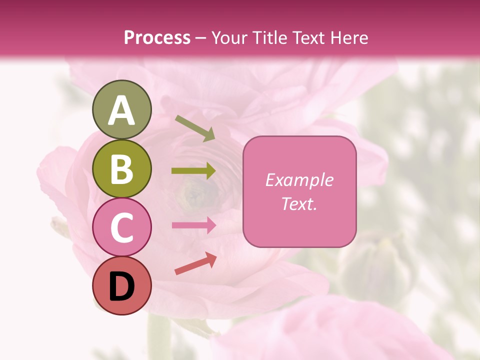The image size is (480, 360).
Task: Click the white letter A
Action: (121, 110)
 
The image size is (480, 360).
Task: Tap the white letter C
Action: (121, 228)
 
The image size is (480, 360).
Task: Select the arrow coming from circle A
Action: (195, 128)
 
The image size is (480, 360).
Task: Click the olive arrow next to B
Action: (193, 171)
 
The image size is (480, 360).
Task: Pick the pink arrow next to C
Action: (193, 225)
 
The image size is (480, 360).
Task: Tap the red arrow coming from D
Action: (195, 263)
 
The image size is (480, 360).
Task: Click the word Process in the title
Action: (157, 38)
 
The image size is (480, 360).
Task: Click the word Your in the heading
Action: (227, 38)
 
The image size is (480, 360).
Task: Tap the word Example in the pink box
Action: (299, 180)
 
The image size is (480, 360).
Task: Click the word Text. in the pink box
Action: (299, 203)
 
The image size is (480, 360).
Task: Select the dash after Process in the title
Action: (200, 38)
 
